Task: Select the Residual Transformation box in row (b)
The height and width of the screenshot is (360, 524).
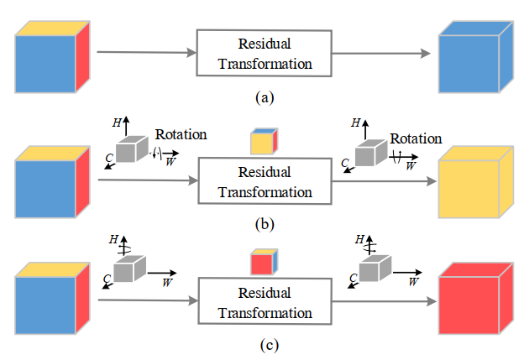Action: tap(265, 181)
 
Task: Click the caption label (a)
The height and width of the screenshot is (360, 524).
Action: tap(265, 97)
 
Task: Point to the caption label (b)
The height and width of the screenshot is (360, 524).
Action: tap(265, 223)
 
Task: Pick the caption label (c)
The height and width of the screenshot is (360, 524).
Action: tap(265, 344)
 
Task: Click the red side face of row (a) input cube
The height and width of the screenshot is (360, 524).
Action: tap(82, 56)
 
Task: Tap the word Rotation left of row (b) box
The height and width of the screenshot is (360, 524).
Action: tap(181, 134)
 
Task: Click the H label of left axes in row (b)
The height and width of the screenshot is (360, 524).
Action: tap(116, 123)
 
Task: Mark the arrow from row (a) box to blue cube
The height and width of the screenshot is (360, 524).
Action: tap(386, 53)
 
